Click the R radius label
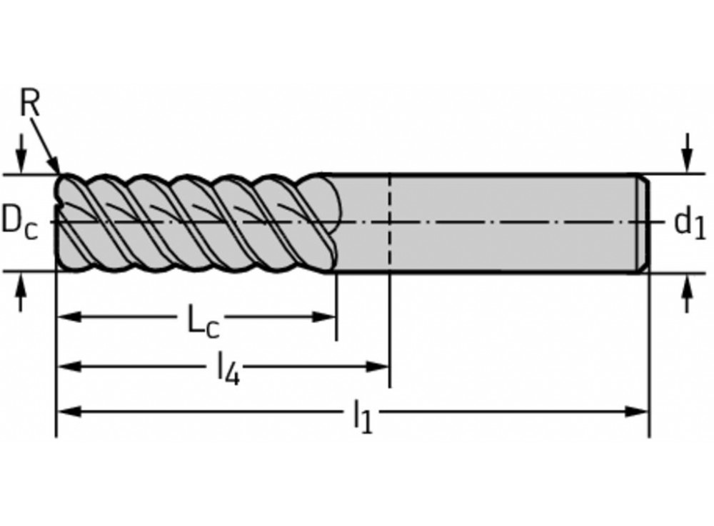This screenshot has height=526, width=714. [29, 104]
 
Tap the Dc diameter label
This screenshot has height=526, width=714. [19, 221]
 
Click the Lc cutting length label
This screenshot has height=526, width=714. [203, 322]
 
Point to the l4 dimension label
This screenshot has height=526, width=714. [227, 370]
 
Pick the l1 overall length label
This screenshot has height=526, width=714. [363, 417]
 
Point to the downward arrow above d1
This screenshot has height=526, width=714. [687, 160]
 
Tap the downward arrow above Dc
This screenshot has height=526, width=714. [21, 160]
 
